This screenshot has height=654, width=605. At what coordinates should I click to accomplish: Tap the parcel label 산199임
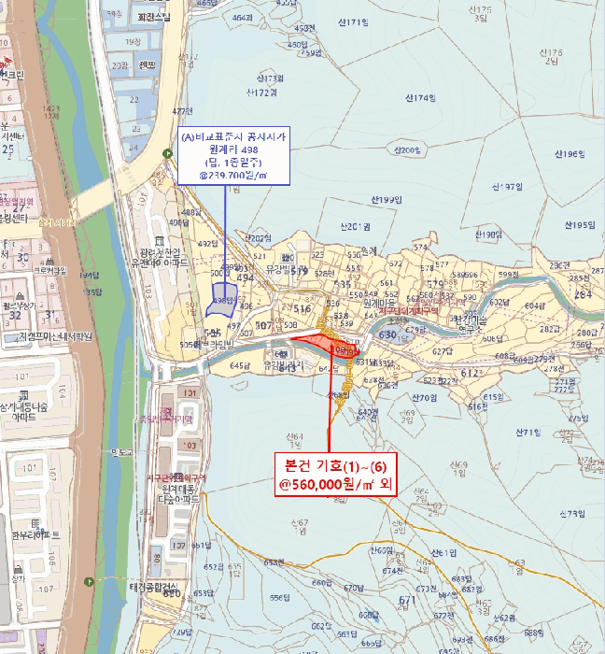[384, 201]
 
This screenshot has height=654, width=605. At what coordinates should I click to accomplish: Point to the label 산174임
[422, 97]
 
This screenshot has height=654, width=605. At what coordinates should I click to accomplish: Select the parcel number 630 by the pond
[387, 334]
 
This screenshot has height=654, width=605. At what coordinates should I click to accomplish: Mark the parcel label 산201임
[350, 226]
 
